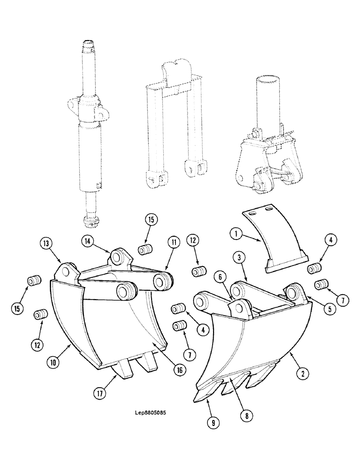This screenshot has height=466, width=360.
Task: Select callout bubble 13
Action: [x=45, y=243]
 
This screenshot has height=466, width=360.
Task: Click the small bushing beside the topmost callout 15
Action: [x=144, y=249]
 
